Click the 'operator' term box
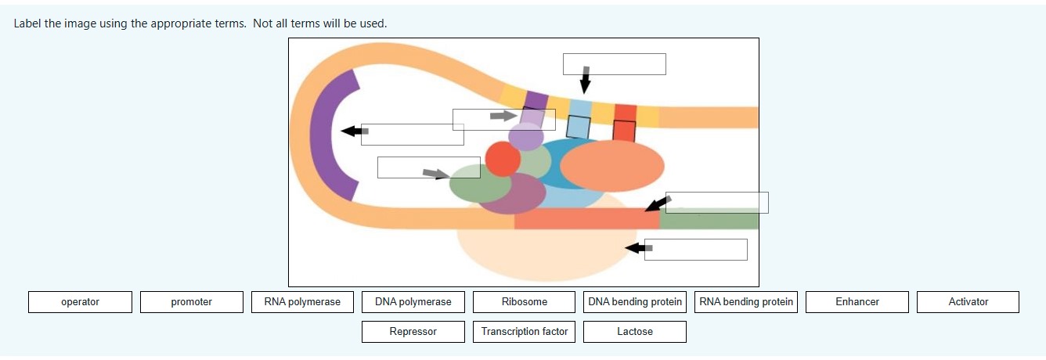[x=80, y=302]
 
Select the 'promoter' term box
[x=192, y=302]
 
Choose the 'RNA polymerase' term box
[x=302, y=302]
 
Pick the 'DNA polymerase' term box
[x=413, y=302]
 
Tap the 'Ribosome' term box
[x=525, y=302]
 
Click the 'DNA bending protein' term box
[x=635, y=302]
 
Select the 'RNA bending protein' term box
[x=746, y=302]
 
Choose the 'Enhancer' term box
[x=857, y=302]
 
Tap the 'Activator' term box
[x=968, y=302]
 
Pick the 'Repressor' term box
[x=413, y=332]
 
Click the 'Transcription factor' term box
[x=525, y=332]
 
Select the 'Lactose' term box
[x=635, y=332]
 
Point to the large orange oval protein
[x=612, y=166]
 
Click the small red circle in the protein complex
[x=503, y=159]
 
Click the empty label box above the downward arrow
[x=615, y=64]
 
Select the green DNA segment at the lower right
[x=709, y=219]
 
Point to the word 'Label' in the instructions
[x=28, y=23]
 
